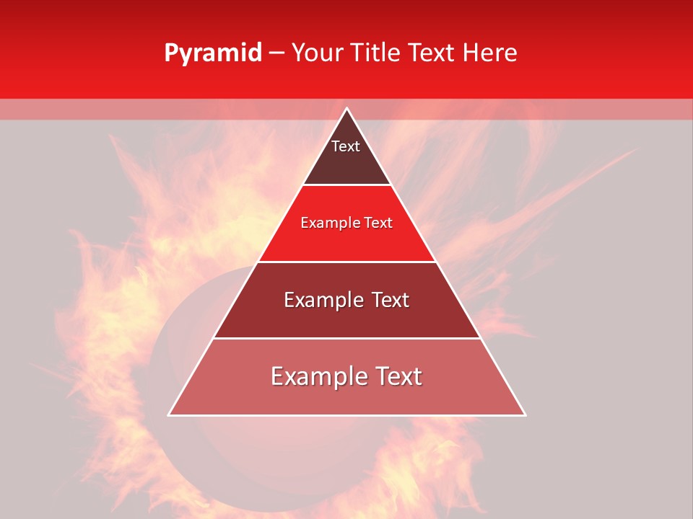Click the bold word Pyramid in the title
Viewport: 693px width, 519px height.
point(213,53)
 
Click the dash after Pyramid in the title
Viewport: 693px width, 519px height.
point(276,53)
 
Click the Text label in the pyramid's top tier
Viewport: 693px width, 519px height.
point(346,146)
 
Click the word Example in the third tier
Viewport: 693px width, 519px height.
point(316,300)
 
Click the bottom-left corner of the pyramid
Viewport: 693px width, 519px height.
point(169,415)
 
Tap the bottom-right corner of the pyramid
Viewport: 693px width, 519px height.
point(526,415)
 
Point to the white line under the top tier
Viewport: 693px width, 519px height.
point(346,185)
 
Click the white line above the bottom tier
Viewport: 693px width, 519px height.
point(346,339)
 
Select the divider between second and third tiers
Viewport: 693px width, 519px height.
point(346,262)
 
